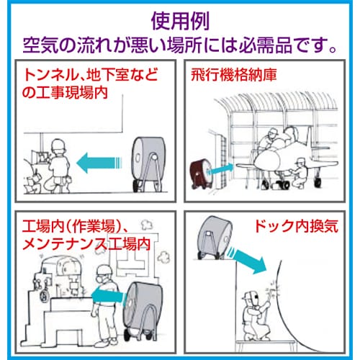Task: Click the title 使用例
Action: [180, 21]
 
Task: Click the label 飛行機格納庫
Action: [234, 75]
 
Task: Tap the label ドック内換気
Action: [297, 226]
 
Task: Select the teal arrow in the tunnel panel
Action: [99, 163]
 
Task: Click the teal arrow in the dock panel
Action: [248, 261]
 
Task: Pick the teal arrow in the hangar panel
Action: [220, 168]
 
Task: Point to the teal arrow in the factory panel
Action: [109, 295]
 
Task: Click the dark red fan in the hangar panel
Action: [201, 174]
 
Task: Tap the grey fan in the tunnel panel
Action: [149, 164]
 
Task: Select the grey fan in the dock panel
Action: [215, 238]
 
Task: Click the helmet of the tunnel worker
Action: [58, 145]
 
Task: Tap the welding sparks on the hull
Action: [274, 290]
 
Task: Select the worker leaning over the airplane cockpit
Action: [269, 139]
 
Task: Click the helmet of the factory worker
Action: [104, 270]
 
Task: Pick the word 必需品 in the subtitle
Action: [266, 45]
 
